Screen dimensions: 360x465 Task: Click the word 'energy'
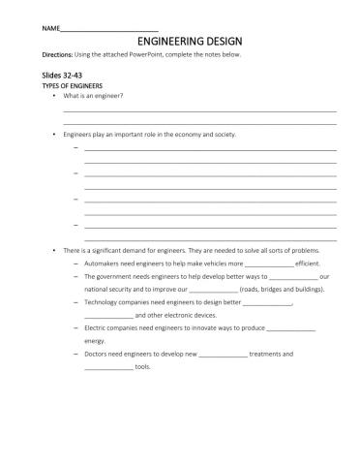95,341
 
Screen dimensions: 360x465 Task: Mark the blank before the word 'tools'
108,368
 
